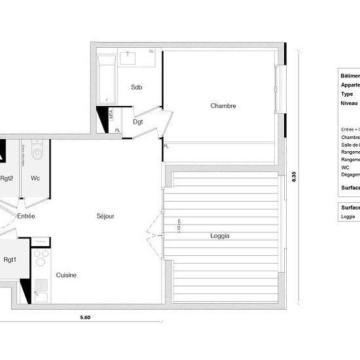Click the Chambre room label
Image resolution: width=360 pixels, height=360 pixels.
click(x=223, y=106)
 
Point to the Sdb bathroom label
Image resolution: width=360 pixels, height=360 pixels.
click(x=136, y=87)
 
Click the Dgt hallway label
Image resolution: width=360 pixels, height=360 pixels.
click(x=138, y=122)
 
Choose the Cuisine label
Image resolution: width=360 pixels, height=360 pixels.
click(x=65, y=275)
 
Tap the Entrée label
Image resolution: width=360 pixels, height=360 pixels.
click(x=26, y=215)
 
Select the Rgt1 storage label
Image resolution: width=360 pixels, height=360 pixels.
click(x=9, y=259)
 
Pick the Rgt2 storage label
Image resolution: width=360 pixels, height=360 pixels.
click(x=7, y=178)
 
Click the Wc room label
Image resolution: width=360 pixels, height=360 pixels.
click(x=35, y=178)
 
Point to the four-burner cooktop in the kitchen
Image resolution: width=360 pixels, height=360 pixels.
click(x=41, y=257)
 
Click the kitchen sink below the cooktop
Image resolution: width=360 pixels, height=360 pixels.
click(x=41, y=289)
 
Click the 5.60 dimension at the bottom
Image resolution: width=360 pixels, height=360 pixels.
click(x=85, y=318)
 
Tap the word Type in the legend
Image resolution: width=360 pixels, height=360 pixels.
click(x=347, y=94)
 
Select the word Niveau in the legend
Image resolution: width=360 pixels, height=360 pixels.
click(x=350, y=103)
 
